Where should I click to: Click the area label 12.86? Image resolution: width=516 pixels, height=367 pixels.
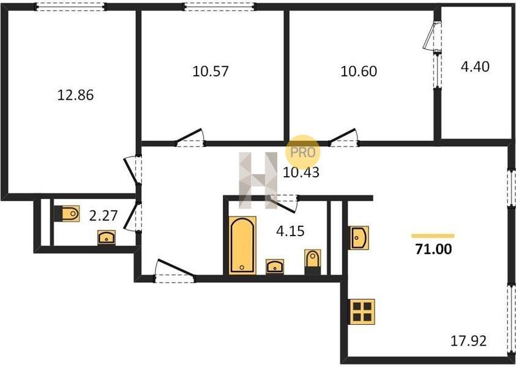point(75,95)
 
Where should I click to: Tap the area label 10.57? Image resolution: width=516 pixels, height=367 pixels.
point(211,71)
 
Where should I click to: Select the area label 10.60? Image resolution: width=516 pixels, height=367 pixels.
point(358,71)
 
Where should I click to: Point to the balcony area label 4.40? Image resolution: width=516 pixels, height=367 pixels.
point(475,67)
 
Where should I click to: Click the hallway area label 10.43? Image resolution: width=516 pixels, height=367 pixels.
point(301,172)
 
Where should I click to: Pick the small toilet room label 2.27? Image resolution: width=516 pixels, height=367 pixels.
point(103,216)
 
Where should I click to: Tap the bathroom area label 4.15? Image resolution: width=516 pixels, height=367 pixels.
point(290,231)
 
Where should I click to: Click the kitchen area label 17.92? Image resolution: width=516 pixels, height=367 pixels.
point(468,341)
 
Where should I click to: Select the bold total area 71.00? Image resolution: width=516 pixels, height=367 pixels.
point(433,250)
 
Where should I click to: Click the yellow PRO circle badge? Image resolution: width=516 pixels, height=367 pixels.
point(303,152)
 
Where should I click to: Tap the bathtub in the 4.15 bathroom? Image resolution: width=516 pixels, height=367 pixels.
point(242,245)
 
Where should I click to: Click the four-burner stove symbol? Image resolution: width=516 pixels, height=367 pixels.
point(362,312)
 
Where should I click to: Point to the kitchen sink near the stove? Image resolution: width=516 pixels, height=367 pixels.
point(359,237)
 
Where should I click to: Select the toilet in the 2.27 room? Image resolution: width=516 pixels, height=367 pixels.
point(67,213)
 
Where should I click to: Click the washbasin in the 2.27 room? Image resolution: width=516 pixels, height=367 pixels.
point(107,237)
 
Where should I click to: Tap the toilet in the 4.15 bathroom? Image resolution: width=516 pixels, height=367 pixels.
point(313,262)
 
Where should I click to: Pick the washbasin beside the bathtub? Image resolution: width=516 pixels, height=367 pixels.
point(275,267)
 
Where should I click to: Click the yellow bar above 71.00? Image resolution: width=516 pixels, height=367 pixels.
point(433,235)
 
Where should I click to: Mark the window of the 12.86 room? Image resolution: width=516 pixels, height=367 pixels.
point(70,7)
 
